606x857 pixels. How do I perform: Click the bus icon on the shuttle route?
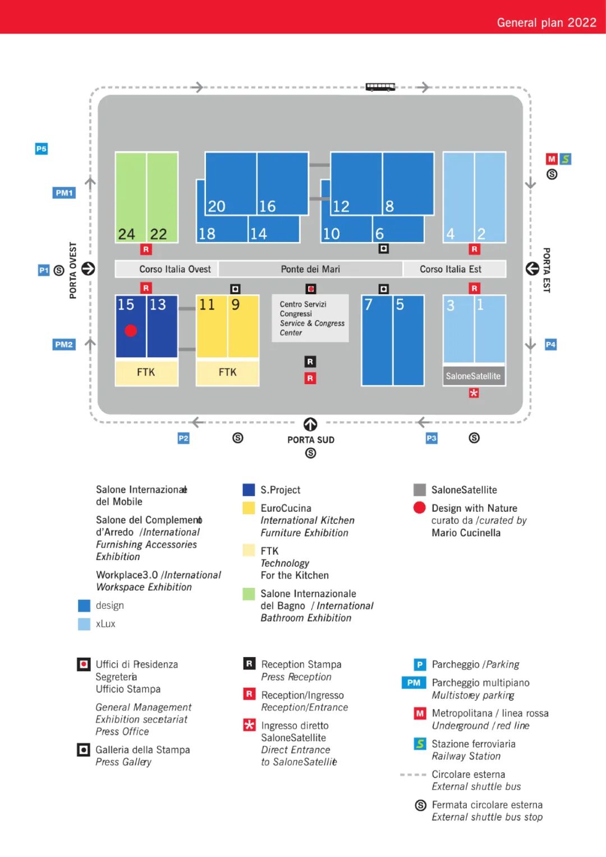click(380, 86)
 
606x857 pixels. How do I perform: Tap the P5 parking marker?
click(41, 149)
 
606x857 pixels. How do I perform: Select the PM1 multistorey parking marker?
click(64, 193)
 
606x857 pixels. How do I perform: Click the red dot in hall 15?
click(131, 330)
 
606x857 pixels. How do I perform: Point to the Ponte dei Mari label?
click(310, 269)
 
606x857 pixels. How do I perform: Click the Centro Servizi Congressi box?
click(310, 318)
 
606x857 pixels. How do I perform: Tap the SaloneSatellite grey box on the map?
click(474, 376)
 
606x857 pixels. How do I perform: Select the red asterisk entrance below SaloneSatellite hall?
click(474, 393)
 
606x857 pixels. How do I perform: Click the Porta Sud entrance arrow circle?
click(310, 424)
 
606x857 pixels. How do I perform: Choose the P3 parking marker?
click(431, 438)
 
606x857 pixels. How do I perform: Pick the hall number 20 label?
click(217, 207)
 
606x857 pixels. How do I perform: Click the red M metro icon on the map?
click(552, 159)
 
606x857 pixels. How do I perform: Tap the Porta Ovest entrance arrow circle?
click(88, 268)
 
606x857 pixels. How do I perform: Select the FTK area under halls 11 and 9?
click(227, 372)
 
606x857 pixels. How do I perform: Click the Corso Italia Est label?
click(450, 269)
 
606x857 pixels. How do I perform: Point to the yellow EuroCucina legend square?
click(249, 508)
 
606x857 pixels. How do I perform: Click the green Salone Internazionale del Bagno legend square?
click(249, 594)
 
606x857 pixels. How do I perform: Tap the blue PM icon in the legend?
click(414, 682)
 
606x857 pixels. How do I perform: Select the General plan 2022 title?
click(547, 22)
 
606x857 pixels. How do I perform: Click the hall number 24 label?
click(126, 234)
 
